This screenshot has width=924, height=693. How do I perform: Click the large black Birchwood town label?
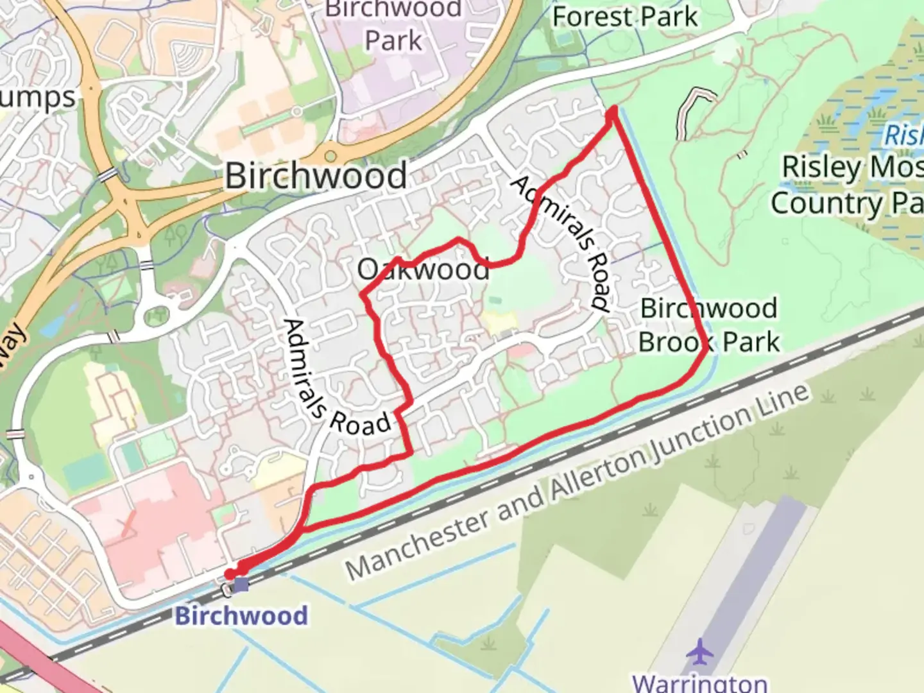[316, 175]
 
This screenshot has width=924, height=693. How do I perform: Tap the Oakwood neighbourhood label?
[424, 269]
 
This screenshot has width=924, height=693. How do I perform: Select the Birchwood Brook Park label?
[709, 325]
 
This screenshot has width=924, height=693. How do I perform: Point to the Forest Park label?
[624, 17]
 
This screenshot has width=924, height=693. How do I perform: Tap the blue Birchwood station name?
[241, 615]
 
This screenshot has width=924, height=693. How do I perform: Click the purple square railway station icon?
[241, 584]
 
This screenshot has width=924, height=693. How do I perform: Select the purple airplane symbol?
[699, 652]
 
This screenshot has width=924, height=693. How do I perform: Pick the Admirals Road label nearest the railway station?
[336, 379]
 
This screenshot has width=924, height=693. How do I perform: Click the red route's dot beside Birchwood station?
[230, 574]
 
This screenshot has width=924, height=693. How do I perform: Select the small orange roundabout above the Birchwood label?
[330, 157]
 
